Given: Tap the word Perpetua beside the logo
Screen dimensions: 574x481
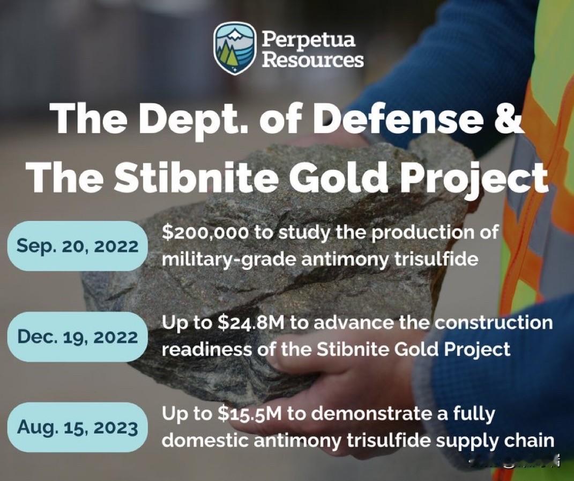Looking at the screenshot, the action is pyautogui.click(x=308, y=39).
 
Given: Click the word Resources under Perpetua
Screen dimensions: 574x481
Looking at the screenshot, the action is pyautogui.click(x=312, y=59).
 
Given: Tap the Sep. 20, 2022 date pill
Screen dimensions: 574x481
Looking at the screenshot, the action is pyautogui.click(x=77, y=246).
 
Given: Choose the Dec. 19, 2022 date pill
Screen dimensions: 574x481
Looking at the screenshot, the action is pyautogui.click(x=77, y=337).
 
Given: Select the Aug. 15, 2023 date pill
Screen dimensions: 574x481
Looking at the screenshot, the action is pyautogui.click(x=77, y=427).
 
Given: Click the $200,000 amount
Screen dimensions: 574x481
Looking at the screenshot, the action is pyautogui.click(x=205, y=233).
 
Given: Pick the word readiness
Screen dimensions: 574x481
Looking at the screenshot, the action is pyautogui.click(x=207, y=350).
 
